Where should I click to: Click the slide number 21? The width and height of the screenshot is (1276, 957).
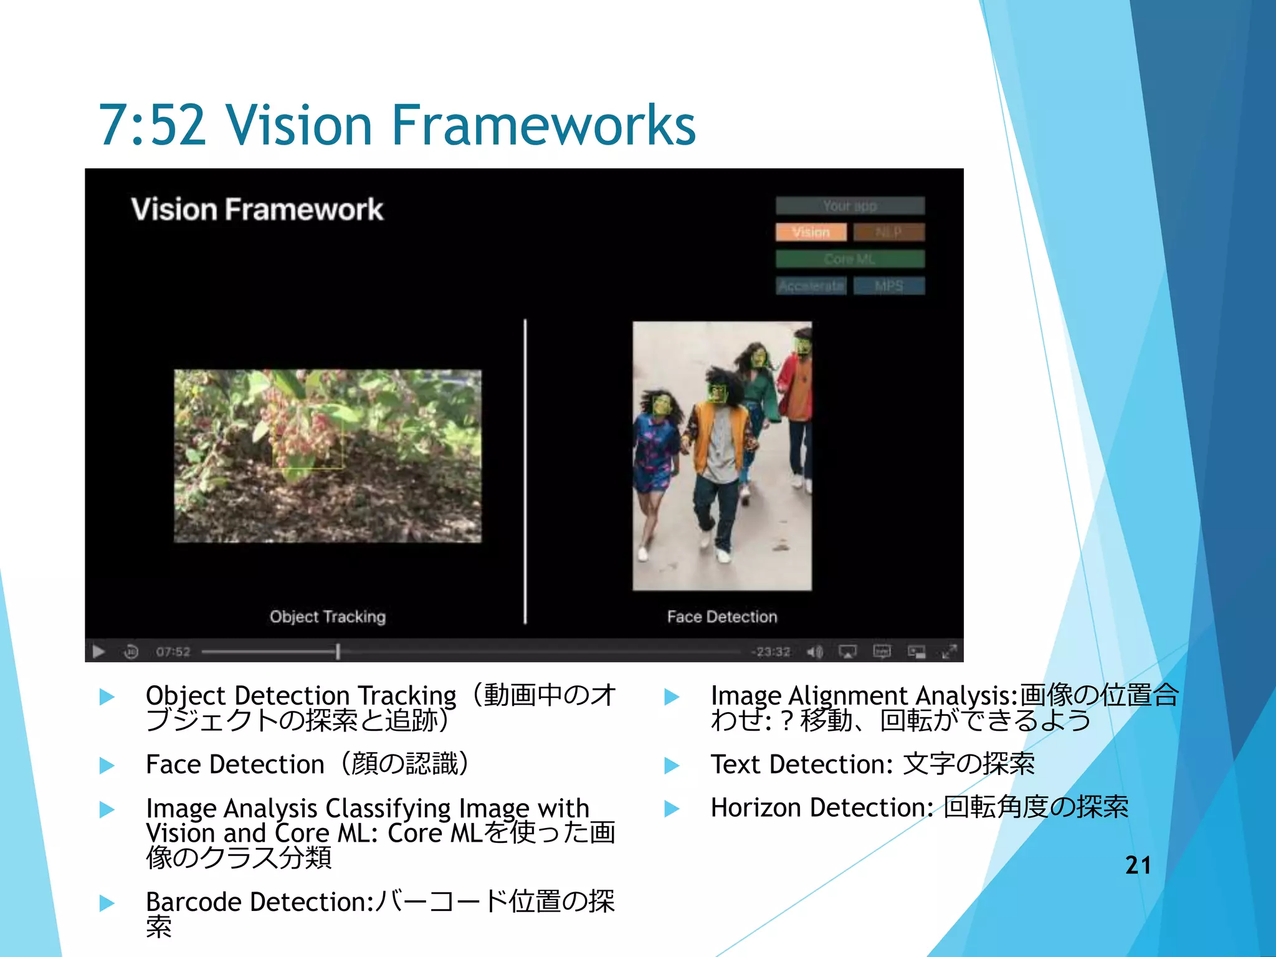click(x=1138, y=865)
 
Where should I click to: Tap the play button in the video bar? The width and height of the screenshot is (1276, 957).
click(x=98, y=652)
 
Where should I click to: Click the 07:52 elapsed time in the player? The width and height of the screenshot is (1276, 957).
click(x=173, y=652)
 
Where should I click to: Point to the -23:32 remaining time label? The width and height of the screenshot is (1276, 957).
click(x=771, y=652)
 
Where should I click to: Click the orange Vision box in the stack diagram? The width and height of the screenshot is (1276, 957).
click(x=811, y=232)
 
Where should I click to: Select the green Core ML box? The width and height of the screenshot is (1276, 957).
click(x=850, y=259)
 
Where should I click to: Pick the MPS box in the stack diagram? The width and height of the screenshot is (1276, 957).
click(x=889, y=286)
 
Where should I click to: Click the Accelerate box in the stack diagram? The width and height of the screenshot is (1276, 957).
click(x=811, y=286)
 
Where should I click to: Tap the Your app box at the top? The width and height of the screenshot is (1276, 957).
click(x=850, y=206)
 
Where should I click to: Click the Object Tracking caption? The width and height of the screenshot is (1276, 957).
click(x=328, y=617)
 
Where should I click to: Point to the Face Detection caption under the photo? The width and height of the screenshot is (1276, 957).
click(x=722, y=617)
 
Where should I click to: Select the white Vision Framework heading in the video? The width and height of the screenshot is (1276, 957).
click(x=257, y=209)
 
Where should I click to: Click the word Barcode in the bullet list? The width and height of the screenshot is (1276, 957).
click(x=193, y=902)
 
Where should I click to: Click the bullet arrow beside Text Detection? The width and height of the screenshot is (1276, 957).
click(x=672, y=765)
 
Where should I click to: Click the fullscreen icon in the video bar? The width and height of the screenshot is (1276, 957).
click(x=949, y=652)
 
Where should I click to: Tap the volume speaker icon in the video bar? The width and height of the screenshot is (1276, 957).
click(x=814, y=652)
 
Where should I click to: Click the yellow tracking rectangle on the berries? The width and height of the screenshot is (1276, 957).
click(x=308, y=442)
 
